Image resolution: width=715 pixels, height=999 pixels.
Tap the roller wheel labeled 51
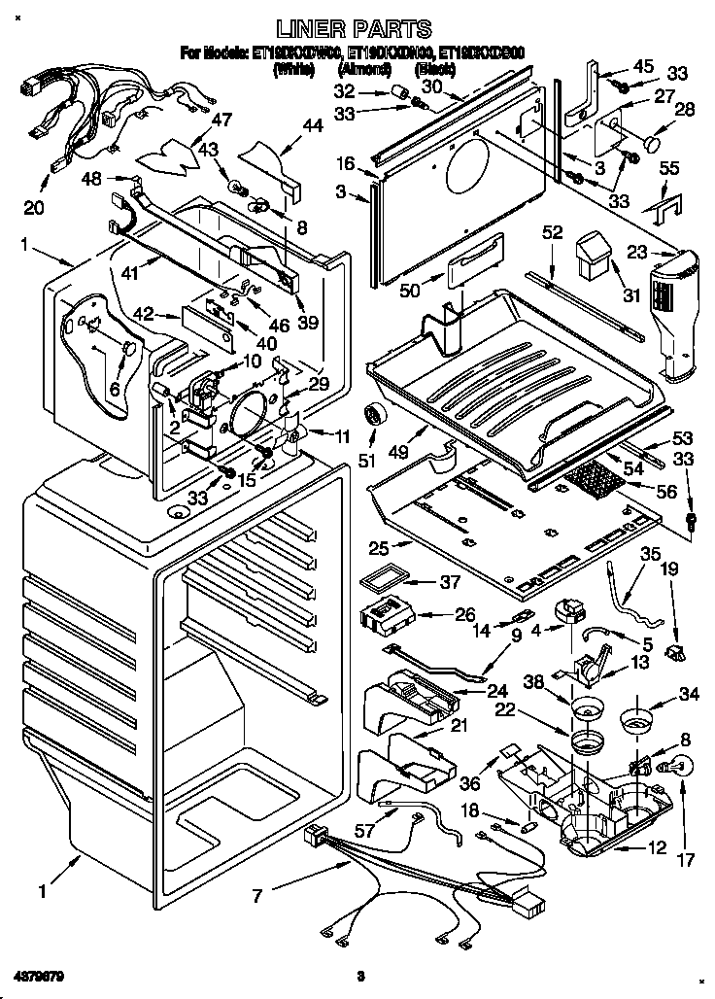374,416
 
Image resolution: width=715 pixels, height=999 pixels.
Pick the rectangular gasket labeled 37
376,582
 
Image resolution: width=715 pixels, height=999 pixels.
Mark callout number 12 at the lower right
658,847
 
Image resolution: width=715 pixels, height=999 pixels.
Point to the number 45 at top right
644,66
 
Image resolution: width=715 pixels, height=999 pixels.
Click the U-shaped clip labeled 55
667,206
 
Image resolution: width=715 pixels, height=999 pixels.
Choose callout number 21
458,725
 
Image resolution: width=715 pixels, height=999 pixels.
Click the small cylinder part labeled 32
395,93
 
